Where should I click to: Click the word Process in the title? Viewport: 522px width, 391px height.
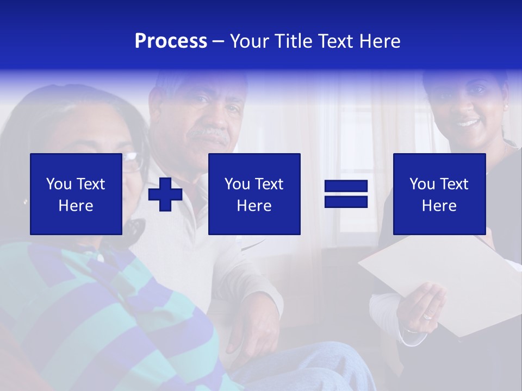click(171, 41)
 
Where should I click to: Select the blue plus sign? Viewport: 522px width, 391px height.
click(165, 194)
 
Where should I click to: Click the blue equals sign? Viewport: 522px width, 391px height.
click(346, 194)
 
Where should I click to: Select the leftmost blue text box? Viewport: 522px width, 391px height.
click(76, 194)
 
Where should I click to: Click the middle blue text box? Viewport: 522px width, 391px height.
click(254, 194)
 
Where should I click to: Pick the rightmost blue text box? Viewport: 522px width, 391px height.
click(439, 194)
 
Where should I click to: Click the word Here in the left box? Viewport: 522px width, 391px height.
click(76, 206)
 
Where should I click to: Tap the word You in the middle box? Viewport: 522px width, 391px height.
click(237, 184)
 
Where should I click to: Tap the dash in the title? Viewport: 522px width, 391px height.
click(219, 41)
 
